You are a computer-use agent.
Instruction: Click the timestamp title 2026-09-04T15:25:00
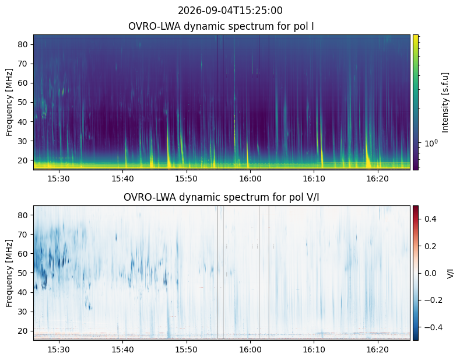(x=230, y=11)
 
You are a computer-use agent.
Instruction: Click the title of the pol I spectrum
(x=221, y=26)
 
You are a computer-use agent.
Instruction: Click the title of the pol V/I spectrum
(x=221, y=197)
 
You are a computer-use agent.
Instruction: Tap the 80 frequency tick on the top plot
(x=23, y=44)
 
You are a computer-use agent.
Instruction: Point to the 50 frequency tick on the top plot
(x=23, y=103)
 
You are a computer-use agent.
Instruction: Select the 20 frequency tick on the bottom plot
(x=23, y=331)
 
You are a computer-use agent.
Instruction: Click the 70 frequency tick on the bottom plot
(x=23, y=235)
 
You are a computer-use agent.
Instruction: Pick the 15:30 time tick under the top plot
(x=59, y=179)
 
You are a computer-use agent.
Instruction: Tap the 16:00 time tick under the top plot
(x=250, y=179)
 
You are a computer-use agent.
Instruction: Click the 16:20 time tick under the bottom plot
(x=378, y=349)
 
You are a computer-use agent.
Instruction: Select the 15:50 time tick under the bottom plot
(x=187, y=349)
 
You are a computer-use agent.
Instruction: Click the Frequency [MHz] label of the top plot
(x=9, y=103)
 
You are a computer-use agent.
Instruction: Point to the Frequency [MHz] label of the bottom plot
(x=9, y=274)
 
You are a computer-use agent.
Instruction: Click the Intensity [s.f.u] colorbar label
(x=445, y=103)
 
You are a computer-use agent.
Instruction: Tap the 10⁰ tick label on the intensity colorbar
(x=431, y=143)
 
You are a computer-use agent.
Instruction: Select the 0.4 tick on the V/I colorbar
(x=430, y=219)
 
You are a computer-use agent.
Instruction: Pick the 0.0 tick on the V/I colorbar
(x=430, y=274)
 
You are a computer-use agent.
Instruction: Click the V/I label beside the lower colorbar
(x=450, y=274)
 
